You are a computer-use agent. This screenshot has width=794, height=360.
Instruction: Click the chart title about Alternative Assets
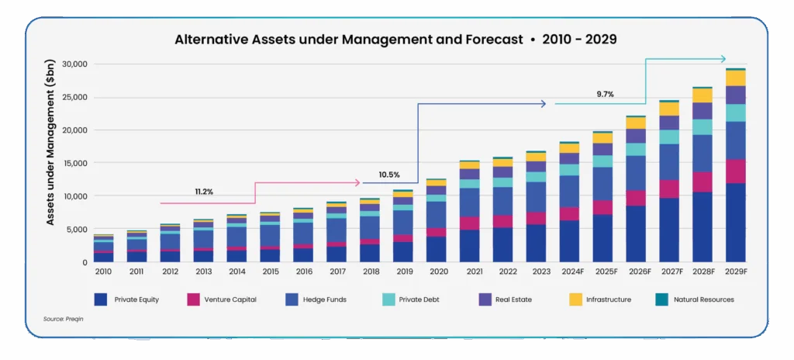click(395, 39)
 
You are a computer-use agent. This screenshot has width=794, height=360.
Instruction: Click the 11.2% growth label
click(205, 190)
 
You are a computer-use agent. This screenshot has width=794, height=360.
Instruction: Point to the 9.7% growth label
click(605, 94)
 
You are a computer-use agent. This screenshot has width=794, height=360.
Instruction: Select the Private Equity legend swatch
click(100, 299)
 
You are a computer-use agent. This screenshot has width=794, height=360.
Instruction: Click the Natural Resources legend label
click(703, 299)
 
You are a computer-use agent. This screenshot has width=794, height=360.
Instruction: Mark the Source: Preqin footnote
click(64, 319)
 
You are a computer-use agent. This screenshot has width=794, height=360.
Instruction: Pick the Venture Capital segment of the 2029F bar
click(736, 171)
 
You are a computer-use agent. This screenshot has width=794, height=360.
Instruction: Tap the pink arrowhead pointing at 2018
click(357, 183)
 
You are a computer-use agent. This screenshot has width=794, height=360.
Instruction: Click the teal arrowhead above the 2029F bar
click(723, 59)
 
